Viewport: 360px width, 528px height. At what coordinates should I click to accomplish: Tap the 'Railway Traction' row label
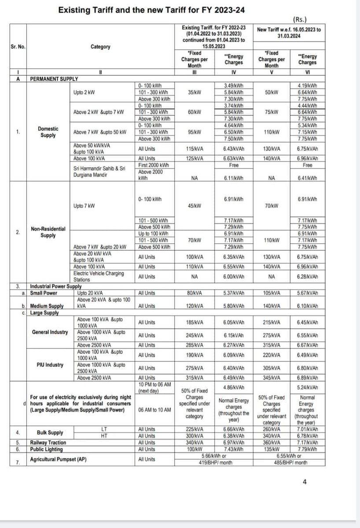click(x=48, y=442)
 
